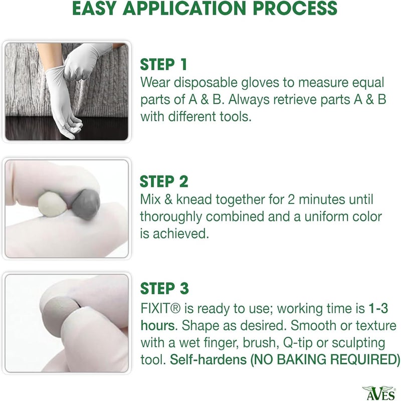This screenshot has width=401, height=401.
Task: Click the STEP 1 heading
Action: coord(163,65)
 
